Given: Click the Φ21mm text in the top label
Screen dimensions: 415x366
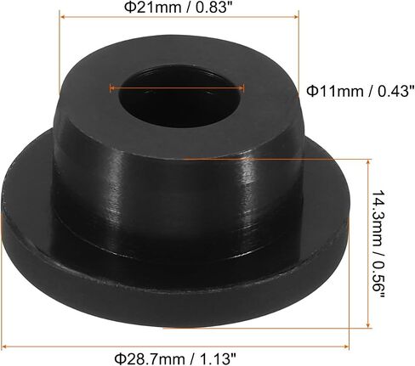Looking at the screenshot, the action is (x=149, y=7).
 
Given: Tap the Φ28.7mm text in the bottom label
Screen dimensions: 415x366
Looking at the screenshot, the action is (x=150, y=359).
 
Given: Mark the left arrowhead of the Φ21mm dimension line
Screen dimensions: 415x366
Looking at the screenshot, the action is (x=63, y=17).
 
